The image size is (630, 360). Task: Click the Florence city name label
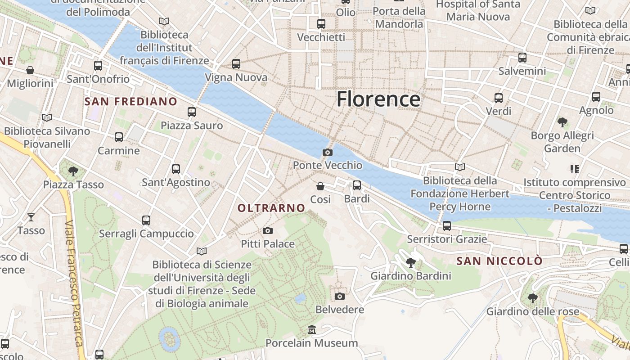pos(378,99)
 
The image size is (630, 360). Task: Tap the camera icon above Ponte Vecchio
pos(328,152)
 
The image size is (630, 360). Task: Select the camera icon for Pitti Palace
pos(268,231)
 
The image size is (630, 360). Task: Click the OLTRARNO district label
pos(271,208)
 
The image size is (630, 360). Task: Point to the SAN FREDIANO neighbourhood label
pos(131,102)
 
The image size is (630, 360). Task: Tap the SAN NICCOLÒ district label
pos(499,261)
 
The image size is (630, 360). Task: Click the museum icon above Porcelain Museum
pos(311,330)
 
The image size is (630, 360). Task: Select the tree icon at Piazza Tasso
pos(73,171)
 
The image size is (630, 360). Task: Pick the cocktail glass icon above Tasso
pos(31,217)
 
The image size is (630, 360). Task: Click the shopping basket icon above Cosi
pos(320,186)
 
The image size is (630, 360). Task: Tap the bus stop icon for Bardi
pos(357,185)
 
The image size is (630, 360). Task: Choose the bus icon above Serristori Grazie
pos(446,225)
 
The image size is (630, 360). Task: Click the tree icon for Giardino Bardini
pos(410,262)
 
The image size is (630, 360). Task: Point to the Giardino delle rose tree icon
pos(532,298)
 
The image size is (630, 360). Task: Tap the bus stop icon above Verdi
pos(499,98)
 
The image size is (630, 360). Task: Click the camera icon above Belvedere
pos(340,296)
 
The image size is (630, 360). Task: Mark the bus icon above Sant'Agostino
pos(176,169)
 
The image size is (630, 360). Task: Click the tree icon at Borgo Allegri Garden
pos(562,122)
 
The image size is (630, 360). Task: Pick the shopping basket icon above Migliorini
pos(30,70)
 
